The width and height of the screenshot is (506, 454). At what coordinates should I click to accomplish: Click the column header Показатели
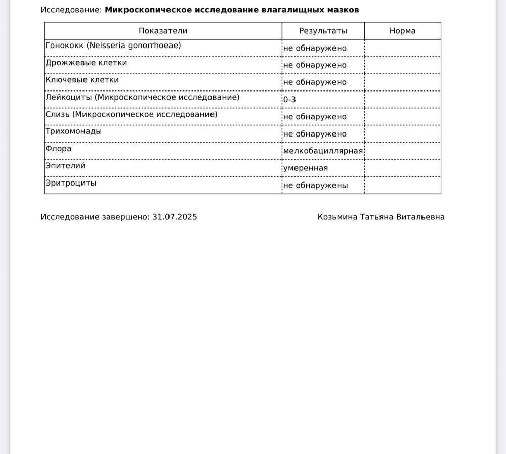[163, 31]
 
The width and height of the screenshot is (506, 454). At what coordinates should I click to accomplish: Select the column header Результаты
[323, 31]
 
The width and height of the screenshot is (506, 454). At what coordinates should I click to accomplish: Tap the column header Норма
[402, 31]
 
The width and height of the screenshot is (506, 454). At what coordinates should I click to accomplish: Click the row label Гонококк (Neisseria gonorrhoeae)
[113, 46]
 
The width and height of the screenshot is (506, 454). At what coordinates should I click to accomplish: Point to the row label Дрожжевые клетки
[86, 63]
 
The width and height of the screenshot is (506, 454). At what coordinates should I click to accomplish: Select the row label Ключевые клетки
[82, 80]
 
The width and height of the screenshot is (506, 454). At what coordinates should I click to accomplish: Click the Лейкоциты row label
[142, 97]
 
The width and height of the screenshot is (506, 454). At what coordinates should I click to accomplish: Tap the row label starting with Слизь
[131, 114]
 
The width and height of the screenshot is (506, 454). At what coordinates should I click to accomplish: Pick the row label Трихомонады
[73, 131]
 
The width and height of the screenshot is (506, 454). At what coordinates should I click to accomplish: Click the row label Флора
[58, 149]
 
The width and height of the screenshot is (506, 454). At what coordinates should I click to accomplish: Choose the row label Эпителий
[65, 166]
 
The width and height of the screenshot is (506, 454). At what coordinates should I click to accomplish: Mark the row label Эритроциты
[70, 183]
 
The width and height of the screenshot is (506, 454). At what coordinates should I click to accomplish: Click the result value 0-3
[289, 100]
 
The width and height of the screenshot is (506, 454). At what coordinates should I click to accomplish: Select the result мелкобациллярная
[323, 151]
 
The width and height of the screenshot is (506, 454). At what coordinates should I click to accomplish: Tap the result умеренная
[305, 168]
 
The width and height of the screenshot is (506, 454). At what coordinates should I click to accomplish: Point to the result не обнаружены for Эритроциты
[315, 186]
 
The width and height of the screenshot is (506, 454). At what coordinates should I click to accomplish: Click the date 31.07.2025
[175, 217]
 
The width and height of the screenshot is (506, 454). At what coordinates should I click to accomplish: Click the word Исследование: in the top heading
[71, 10]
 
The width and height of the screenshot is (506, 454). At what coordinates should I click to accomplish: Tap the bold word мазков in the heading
[345, 10]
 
